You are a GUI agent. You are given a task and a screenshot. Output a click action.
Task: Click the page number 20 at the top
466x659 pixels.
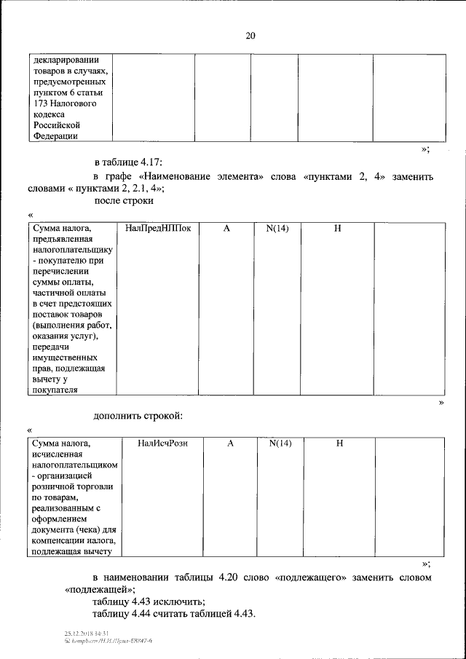point(250,35)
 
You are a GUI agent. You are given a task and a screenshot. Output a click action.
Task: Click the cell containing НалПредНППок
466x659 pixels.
point(158,229)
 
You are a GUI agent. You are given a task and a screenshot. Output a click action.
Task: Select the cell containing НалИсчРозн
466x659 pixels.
point(162,443)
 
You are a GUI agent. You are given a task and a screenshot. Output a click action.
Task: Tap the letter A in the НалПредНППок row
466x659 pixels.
point(226,229)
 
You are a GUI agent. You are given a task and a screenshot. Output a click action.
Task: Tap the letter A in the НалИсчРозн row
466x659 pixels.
point(230,443)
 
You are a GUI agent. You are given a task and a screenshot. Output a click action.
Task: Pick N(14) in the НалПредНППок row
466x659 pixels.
point(277,229)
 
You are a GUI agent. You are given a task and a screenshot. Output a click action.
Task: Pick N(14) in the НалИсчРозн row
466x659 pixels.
point(280,443)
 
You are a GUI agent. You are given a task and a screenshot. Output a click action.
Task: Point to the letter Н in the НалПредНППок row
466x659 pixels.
point(338,229)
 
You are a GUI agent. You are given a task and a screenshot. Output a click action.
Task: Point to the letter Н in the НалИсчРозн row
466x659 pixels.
point(339,443)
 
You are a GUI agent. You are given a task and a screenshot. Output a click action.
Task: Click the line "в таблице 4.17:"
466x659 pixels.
point(133,161)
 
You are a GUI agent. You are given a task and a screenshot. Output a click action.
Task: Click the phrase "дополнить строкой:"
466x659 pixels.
point(138,416)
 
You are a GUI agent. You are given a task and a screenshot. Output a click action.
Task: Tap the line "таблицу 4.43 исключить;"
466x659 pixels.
point(149,601)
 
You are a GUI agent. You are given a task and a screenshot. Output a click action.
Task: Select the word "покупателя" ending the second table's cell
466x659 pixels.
point(55,390)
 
